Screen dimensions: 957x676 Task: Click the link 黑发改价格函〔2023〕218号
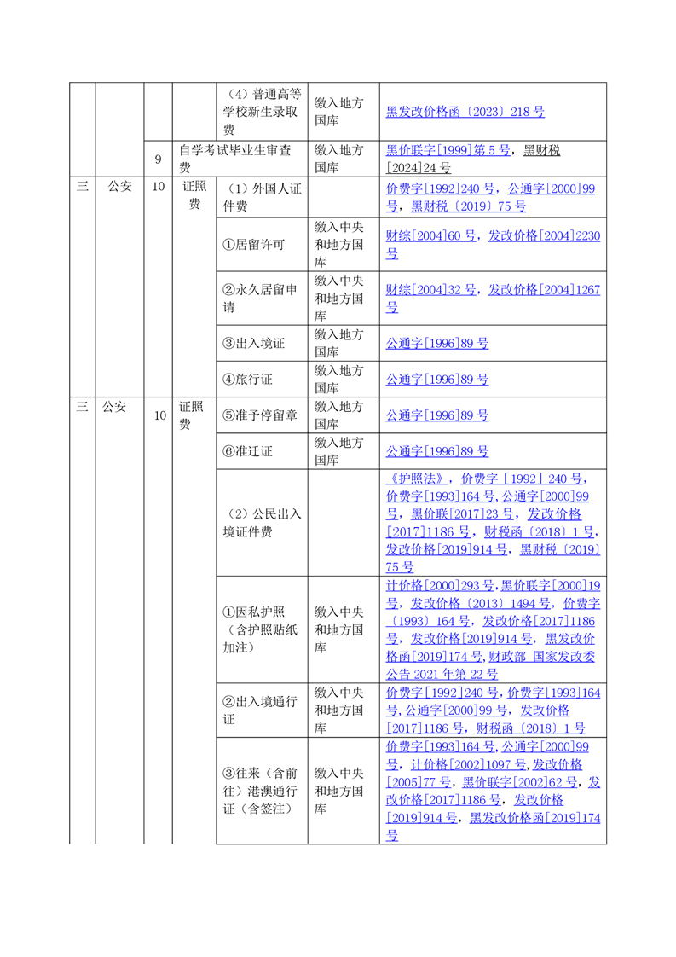pyautogui.click(x=465, y=112)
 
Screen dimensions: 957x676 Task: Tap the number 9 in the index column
pyautogui.click(x=158, y=159)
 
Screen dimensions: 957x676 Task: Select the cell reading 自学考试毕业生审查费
pyautogui.click(x=234, y=159)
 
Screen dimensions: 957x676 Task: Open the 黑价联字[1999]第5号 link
pyautogui.click(x=448, y=150)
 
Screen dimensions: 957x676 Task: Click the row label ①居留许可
pyautogui.click(x=253, y=244)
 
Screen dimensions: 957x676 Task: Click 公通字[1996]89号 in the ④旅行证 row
pyautogui.click(x=437, y=380)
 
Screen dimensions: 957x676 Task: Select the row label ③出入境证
pyautogui.click(x=253, y=344)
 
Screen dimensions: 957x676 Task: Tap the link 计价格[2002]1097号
pyautogui.click(x=464, y=764)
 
